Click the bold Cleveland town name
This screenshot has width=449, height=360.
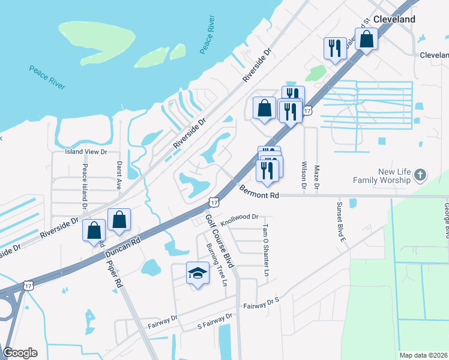coord(394,19)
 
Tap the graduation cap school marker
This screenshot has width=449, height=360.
coord(197,274)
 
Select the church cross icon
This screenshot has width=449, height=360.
coord(420,176)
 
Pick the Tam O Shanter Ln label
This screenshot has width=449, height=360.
coord(265,250)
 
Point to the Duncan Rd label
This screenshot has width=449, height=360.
coord(122,247)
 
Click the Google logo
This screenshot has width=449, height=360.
coord(20,352)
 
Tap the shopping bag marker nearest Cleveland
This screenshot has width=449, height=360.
coord(367,40)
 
